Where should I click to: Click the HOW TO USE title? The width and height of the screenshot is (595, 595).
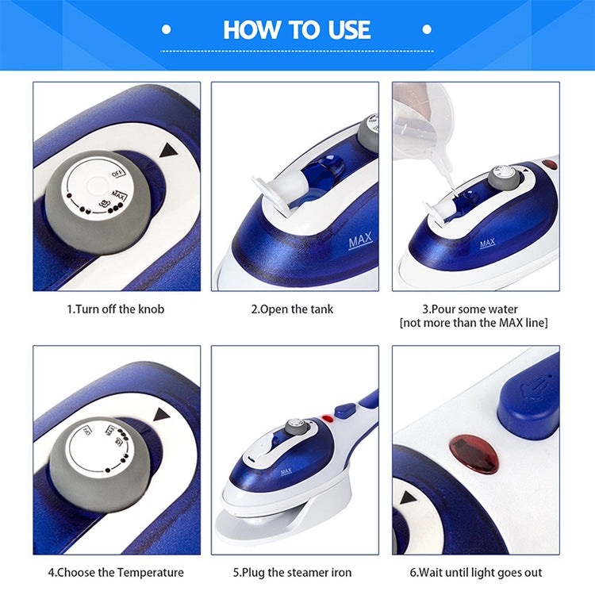tap(297, 30)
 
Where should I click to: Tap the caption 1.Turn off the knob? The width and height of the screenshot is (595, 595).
tap(115, 309)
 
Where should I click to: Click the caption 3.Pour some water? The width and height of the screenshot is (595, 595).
tap(474, 309)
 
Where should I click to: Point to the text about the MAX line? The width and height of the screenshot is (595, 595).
tap(474, 323)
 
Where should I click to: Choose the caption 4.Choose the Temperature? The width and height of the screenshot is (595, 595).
tap(115, 572)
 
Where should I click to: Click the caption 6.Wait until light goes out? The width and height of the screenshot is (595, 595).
tap(476, 572)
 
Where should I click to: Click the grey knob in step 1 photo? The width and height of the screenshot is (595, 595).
tap(95, 202)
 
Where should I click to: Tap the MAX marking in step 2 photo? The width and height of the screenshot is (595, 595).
tap(360, 243)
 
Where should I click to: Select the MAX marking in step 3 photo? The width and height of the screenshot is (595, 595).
tap(487, 243)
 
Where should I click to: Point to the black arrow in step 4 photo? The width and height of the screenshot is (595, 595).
tap(163, 414)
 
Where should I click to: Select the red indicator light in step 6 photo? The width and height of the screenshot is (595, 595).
tap(474, 453)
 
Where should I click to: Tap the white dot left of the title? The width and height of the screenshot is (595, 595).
tap(167, 30)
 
